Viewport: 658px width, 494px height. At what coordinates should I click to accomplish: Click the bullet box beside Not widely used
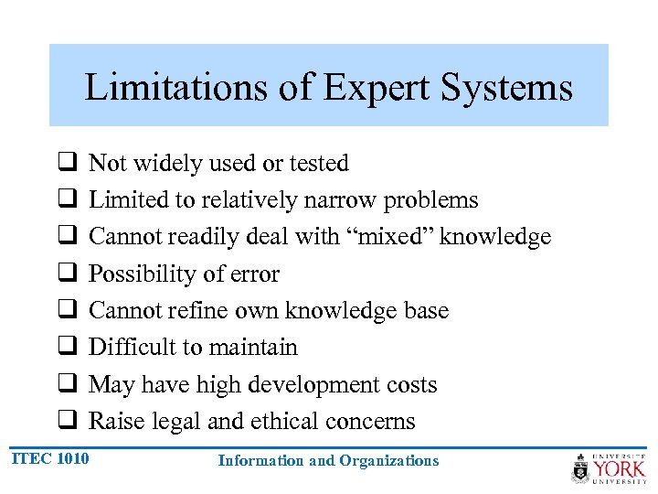(67, 163)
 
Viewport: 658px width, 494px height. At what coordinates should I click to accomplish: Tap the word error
(252, 274)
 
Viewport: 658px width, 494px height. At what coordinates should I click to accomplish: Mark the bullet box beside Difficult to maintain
(67, 347)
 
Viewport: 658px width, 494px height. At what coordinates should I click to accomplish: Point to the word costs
(411, 385)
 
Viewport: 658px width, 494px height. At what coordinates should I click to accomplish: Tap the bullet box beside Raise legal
(67, 421)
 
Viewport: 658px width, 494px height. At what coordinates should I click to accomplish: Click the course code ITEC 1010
(51, 458)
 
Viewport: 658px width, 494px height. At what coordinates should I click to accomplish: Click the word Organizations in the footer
(388, 461)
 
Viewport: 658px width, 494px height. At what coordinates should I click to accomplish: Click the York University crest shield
(581, 469)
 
